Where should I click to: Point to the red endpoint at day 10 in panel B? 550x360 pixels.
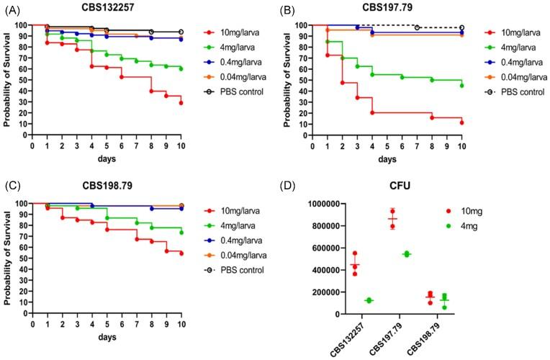tap(461, 122)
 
